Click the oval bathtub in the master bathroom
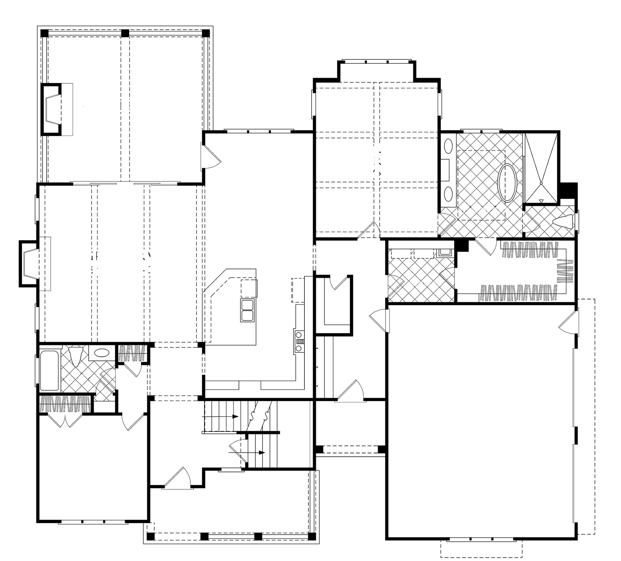point(507,184)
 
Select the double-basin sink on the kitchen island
point(248,310)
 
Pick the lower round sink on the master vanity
point(448,194)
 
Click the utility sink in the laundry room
point(444,252)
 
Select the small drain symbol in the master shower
point(541,201)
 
